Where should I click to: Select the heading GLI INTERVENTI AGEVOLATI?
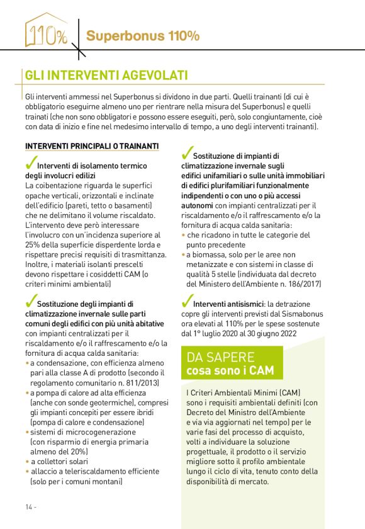(106, 76)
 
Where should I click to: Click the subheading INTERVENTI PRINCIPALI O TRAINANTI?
(92, 146)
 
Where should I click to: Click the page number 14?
(30, 507)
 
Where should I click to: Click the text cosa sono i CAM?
(230, 370)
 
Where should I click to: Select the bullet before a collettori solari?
(27, 462)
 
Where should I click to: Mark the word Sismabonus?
(302, 313)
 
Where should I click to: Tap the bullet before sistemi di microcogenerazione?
(27, 433)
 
